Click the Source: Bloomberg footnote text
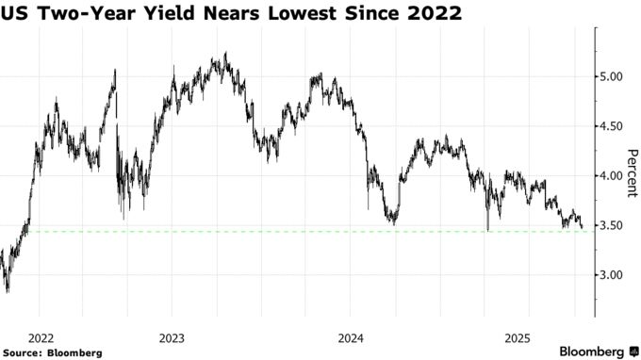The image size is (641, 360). point(52,352)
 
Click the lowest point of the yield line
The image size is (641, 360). point(8,292)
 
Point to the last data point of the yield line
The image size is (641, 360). point(583,227)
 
